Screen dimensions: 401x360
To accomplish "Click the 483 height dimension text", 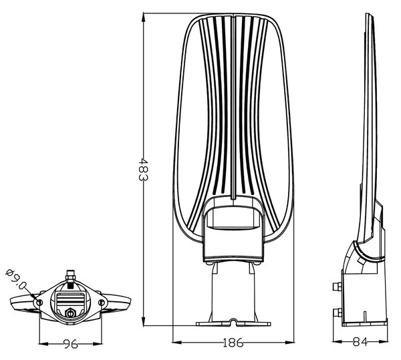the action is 143,170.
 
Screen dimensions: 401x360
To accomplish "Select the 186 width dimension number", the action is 233,343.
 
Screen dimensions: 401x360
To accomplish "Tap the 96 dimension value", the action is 70,344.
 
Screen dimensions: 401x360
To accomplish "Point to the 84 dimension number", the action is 360,341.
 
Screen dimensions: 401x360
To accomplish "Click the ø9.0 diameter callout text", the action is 16,279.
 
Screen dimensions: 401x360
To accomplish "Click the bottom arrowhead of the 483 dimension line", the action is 144,320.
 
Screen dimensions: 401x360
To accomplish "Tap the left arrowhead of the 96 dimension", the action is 43,344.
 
